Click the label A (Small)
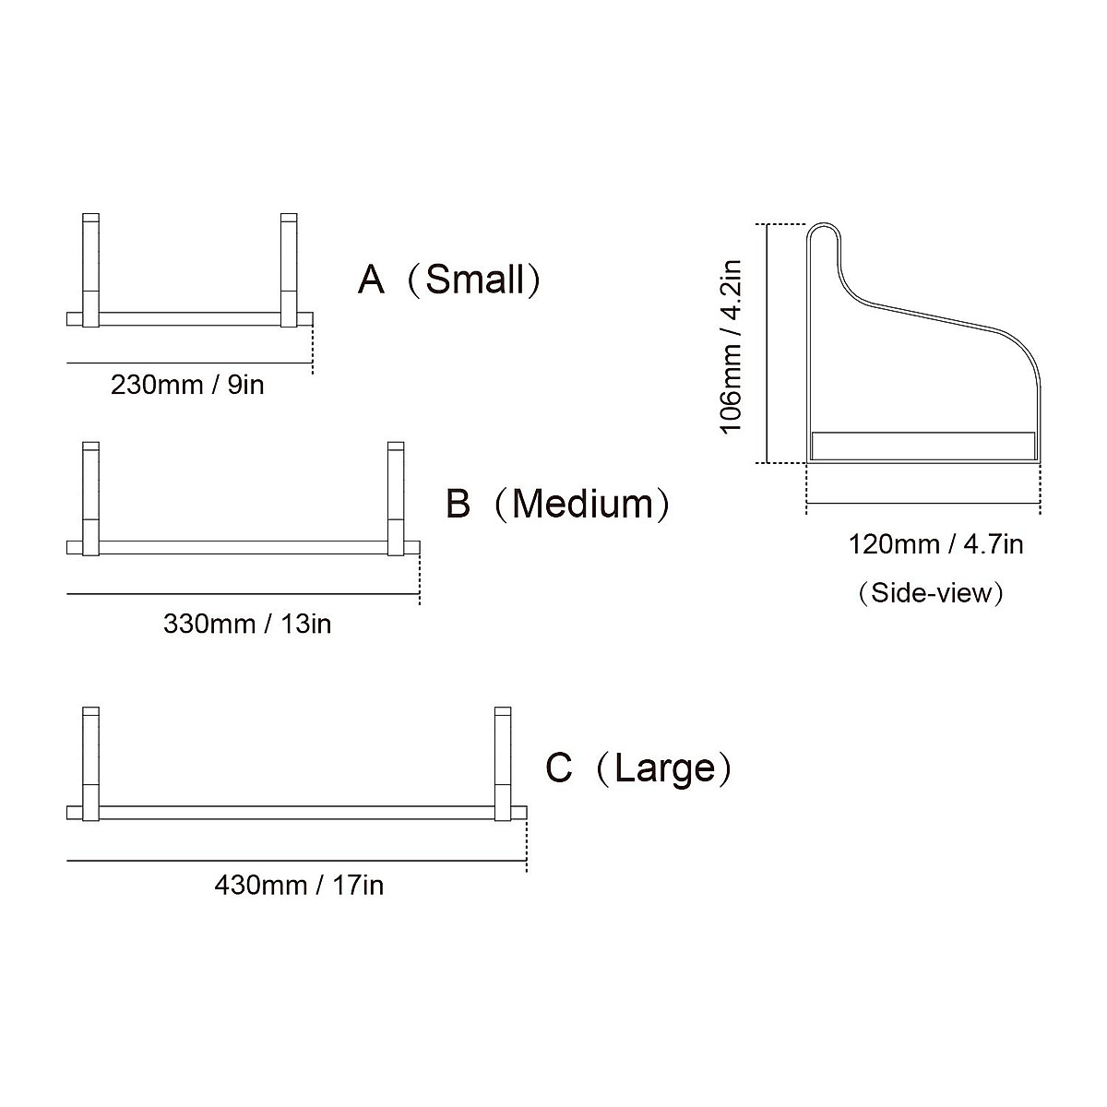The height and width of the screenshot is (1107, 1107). pos(449,280)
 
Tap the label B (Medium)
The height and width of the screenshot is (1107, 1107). pos(558,505)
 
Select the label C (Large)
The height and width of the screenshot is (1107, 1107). pos(638,768)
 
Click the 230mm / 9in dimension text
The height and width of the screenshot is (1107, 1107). pos(187,385)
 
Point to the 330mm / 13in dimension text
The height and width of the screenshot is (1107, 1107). pos(247,625)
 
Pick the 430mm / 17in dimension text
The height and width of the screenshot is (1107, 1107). pos(299,887)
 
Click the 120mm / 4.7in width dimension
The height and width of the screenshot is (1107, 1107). pos(935,544)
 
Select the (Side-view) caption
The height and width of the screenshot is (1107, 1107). pos(930,592)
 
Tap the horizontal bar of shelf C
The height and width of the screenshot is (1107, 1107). pos(295,813)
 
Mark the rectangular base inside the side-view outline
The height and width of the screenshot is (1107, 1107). pos(922,445)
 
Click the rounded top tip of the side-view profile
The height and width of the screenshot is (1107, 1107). pos(823,227)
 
